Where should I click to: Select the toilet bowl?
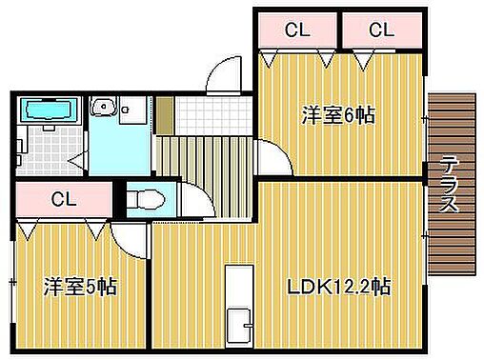click(145, 201)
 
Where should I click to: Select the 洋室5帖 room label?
click(79, 287)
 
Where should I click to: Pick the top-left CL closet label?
click(297, 30)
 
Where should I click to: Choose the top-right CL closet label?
click(381, 30)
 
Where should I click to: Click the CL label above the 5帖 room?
click(64, 200)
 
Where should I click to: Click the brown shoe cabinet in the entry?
click(165, 115)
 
